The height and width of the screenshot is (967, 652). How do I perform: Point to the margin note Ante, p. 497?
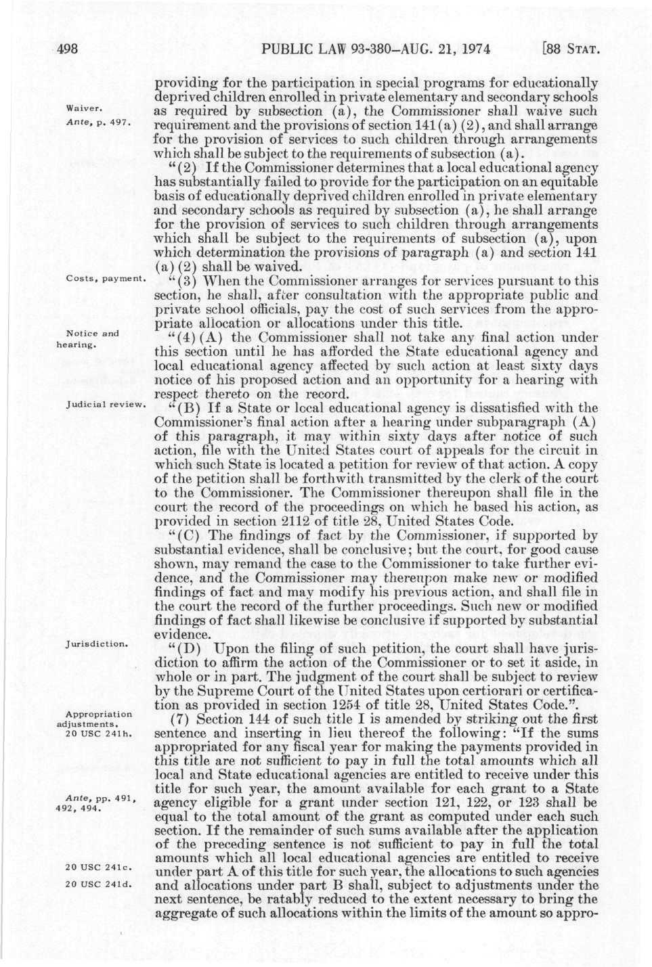click(x=102, y=124)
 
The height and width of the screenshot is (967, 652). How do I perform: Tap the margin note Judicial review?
click(x=106, y=405)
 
